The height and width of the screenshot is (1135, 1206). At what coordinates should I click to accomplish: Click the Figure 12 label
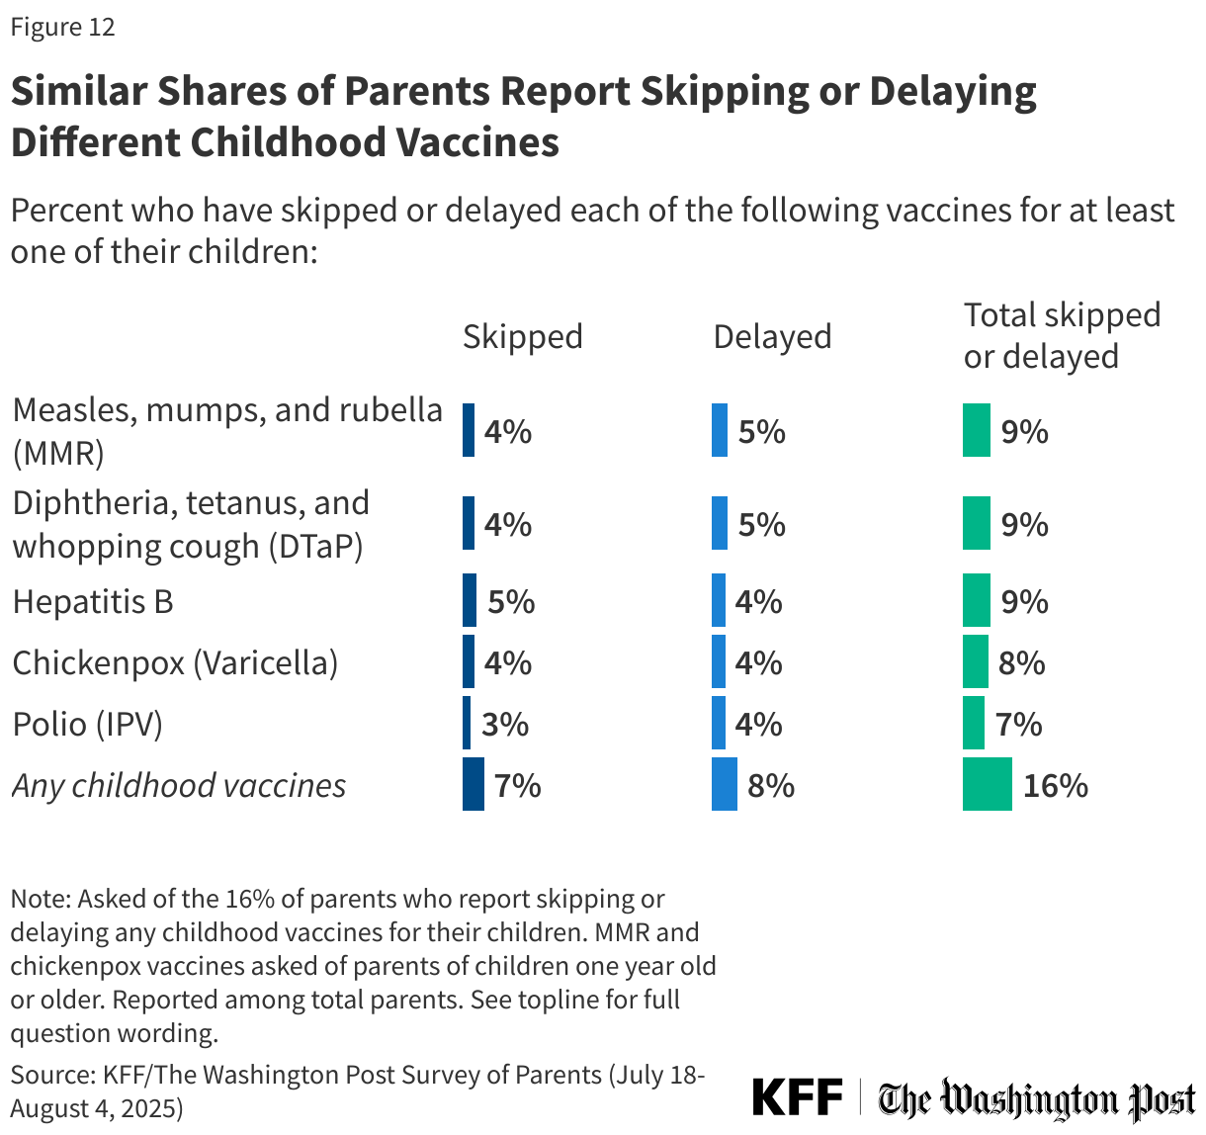pos(62,28)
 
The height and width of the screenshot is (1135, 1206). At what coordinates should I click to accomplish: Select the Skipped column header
pos(522,336)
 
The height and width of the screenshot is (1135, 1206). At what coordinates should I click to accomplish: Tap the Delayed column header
pos(772,336)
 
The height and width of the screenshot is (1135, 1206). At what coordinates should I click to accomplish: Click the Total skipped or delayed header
pos(1061,335)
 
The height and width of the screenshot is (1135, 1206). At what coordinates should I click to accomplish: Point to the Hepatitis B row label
pos(93,601)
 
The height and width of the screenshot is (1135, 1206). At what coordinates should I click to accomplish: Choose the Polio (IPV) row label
pos(87,724)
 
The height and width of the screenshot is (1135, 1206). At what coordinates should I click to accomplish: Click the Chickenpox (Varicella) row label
pos(175,662)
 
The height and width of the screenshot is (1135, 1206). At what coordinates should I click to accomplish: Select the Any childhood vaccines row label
pos(179,785)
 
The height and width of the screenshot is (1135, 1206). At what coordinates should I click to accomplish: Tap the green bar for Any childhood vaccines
pos(987,785)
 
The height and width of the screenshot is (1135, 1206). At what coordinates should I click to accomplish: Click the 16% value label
pos(1055,785)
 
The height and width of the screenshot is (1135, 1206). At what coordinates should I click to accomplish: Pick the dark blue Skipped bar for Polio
pos(467,724)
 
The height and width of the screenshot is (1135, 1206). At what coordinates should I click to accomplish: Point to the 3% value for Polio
pos(505,724)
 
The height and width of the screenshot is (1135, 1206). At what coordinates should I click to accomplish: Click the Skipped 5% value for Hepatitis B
pos(511,601)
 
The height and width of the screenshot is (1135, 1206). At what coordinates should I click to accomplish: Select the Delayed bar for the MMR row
pos(719,430)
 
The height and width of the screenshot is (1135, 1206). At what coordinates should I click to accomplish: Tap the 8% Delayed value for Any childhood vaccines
pos(771,785)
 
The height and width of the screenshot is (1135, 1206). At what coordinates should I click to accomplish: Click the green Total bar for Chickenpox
pos(975,662)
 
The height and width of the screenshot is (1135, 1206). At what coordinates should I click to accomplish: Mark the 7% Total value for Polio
pos(1018,724)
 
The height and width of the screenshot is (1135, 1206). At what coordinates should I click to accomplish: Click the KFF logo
pos(797,1097)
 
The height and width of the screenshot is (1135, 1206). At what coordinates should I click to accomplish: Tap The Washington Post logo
pos(1037,1099)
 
